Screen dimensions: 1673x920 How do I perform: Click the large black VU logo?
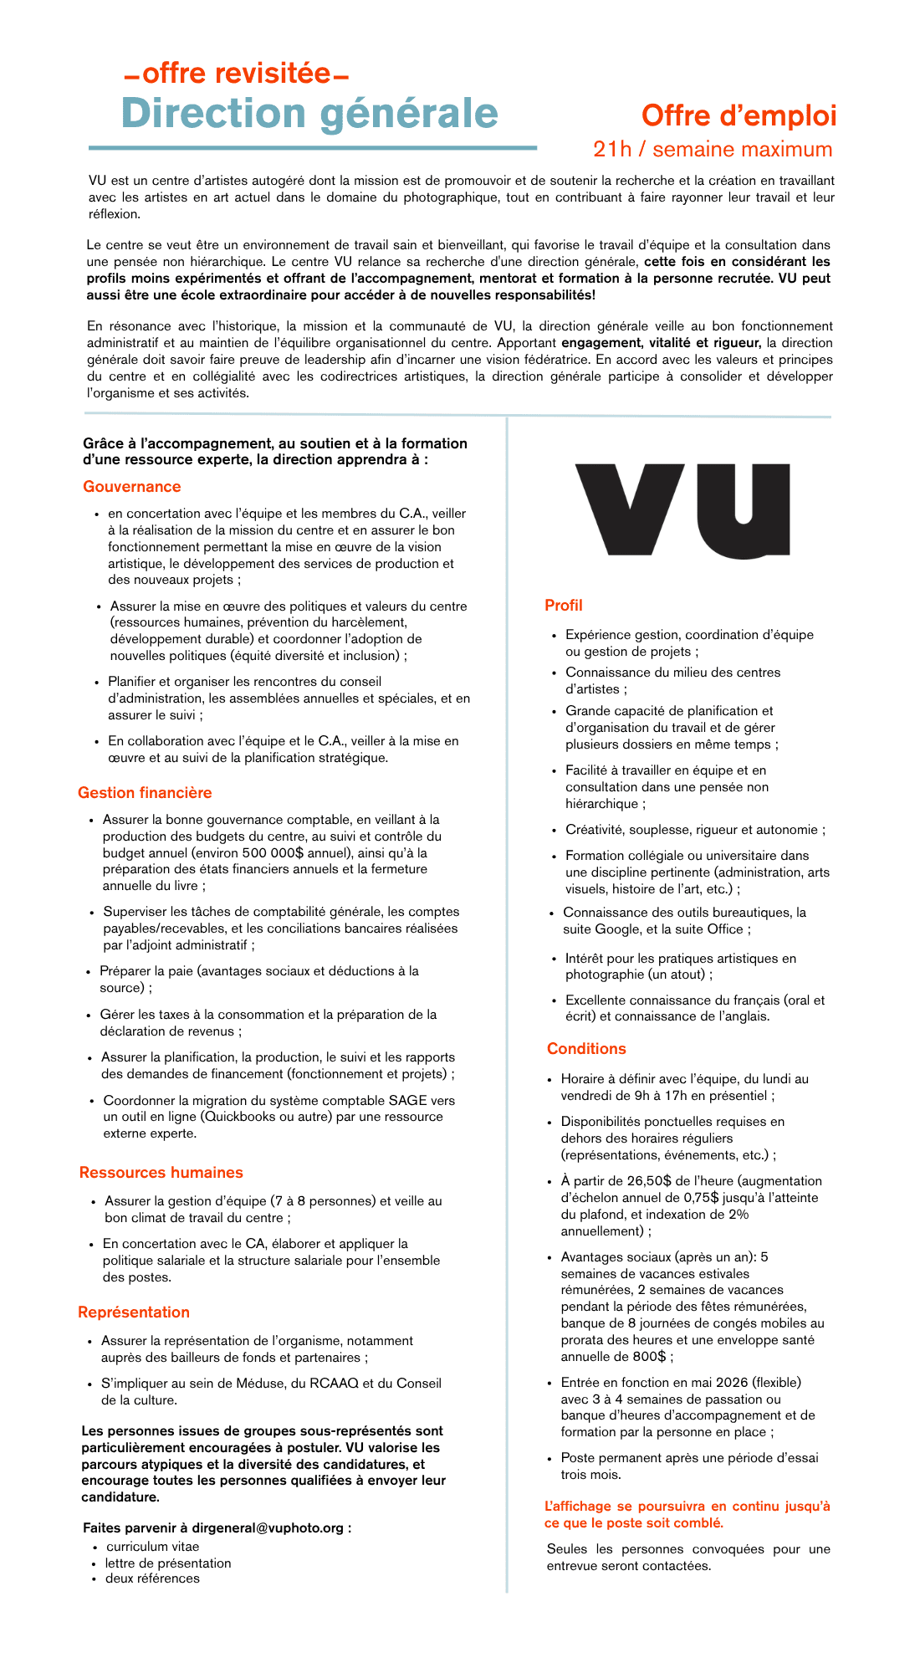[x=682, y=510]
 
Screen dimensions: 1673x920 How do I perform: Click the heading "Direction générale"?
[x=309, y=113]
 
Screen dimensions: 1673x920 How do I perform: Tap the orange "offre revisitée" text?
[x=236, y=74]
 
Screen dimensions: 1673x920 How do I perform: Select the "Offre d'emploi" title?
[x=739, y=115]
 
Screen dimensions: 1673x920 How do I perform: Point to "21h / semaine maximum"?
[x=713, y=149]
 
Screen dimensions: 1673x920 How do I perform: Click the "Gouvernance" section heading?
[x=132, y=487]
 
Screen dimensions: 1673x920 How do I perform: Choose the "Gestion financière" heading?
[x=145, y=793]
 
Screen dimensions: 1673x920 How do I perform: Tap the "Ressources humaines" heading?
[x=161, y=1173]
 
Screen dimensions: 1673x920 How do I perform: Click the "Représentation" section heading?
[x=134, y=1312]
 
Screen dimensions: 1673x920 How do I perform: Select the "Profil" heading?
[x=564, y=606]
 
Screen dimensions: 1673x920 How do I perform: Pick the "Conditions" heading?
[x=586, y=1049]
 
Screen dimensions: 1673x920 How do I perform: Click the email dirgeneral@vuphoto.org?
[x=268, y=1528]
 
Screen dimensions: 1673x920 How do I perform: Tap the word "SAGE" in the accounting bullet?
[x=407, y=1101]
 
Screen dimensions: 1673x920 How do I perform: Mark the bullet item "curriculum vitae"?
[x=152, y=1547]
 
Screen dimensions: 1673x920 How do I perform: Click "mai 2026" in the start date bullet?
[x=716, y=1383]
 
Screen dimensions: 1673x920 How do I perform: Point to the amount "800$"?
[x=650, y=1357]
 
